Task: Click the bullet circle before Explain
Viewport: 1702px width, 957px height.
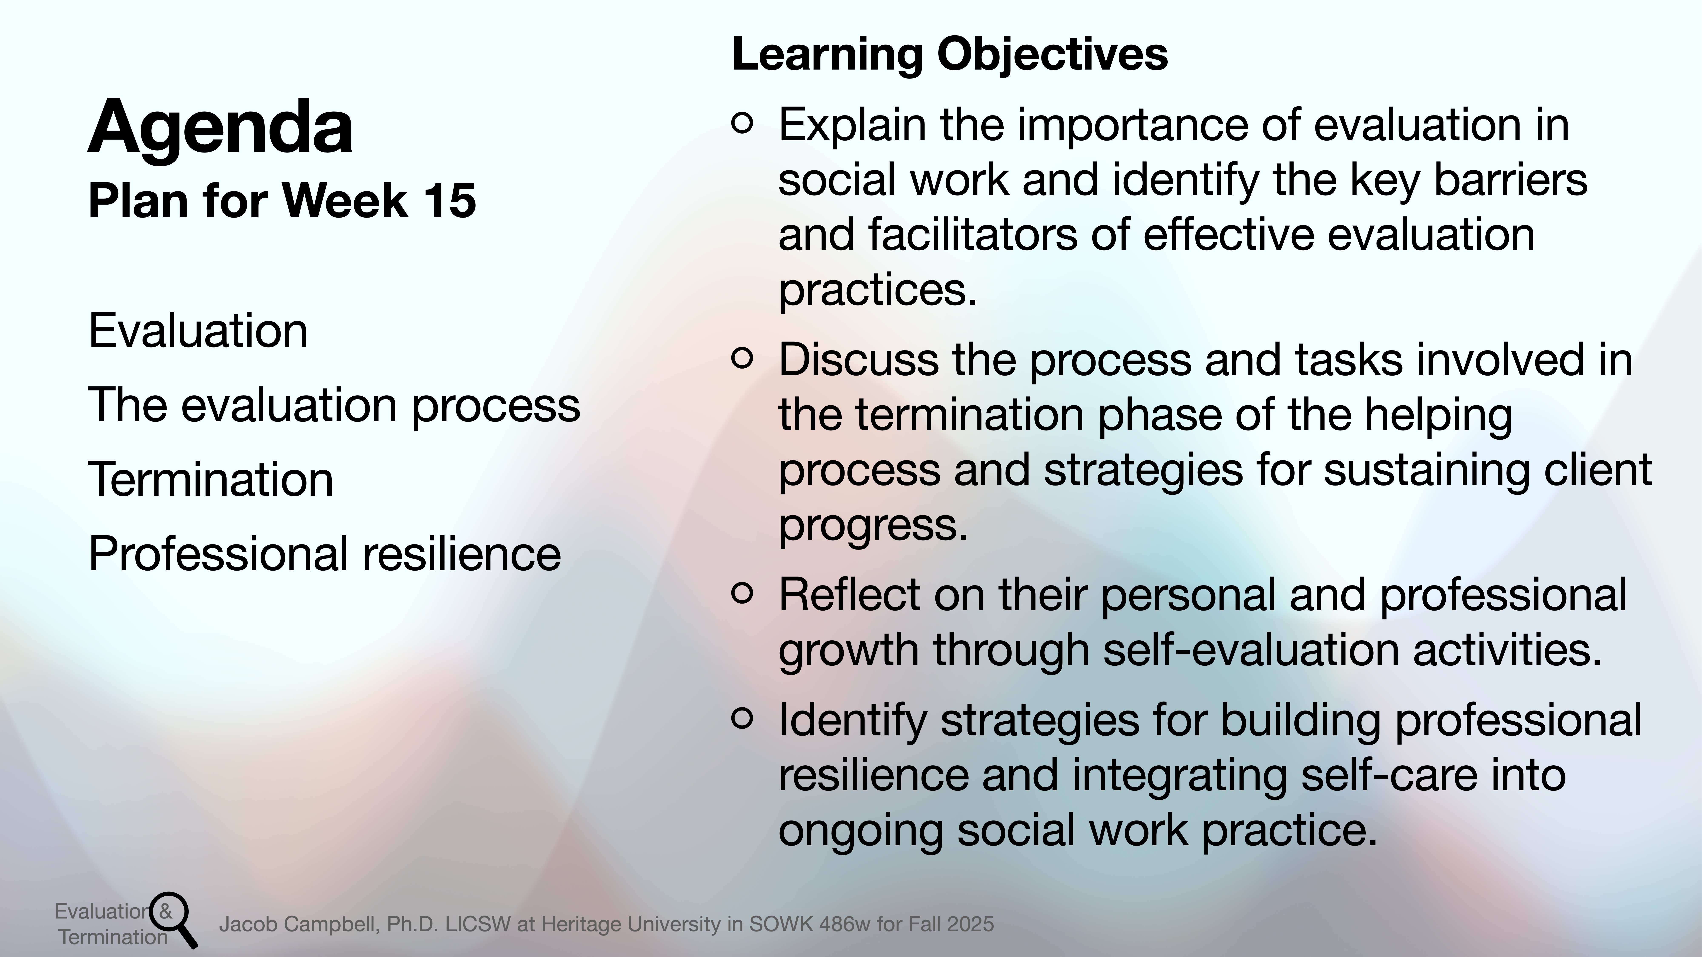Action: pos(743,124)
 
